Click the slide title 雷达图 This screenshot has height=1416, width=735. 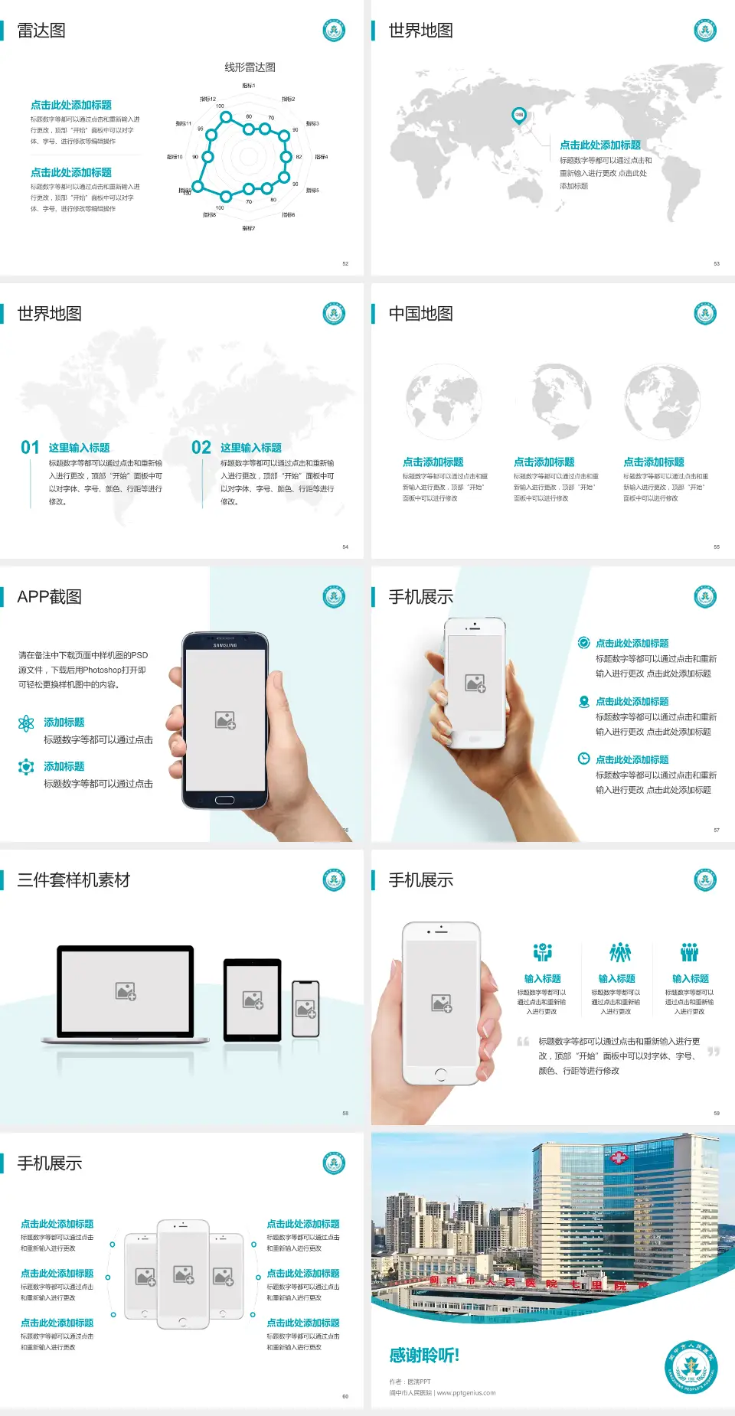(x=41, y=31)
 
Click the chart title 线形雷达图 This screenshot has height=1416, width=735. (x=250, y=67)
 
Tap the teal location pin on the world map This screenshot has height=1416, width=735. (x=518, y=115)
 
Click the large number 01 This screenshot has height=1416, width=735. (x=30, y=448)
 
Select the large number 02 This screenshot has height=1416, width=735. (x=201, y=448)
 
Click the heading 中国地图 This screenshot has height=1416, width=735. (x=420, y=314)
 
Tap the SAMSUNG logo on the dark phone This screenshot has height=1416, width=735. (x=225, y=645)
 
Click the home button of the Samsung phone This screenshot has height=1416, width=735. (x=224, y=800)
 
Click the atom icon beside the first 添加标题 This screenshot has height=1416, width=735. (x=26, y=723)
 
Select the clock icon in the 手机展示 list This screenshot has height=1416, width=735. (x=583, y=759)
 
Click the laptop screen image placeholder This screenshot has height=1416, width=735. (x=126, y=991)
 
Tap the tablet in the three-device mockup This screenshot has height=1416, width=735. (x=253, y=999)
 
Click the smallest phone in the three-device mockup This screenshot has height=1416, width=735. (x=305, y=1009)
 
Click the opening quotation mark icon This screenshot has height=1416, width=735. (x=523, y=1042)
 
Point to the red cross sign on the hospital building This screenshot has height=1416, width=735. (x=618, y=1158)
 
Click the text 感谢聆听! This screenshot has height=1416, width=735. (x=424, y=1356)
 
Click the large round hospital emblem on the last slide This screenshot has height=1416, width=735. (x=691, y=1367)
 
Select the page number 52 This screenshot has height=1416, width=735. (x=345, y=263)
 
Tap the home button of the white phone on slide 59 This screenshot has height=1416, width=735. (x=440, y=1075)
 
